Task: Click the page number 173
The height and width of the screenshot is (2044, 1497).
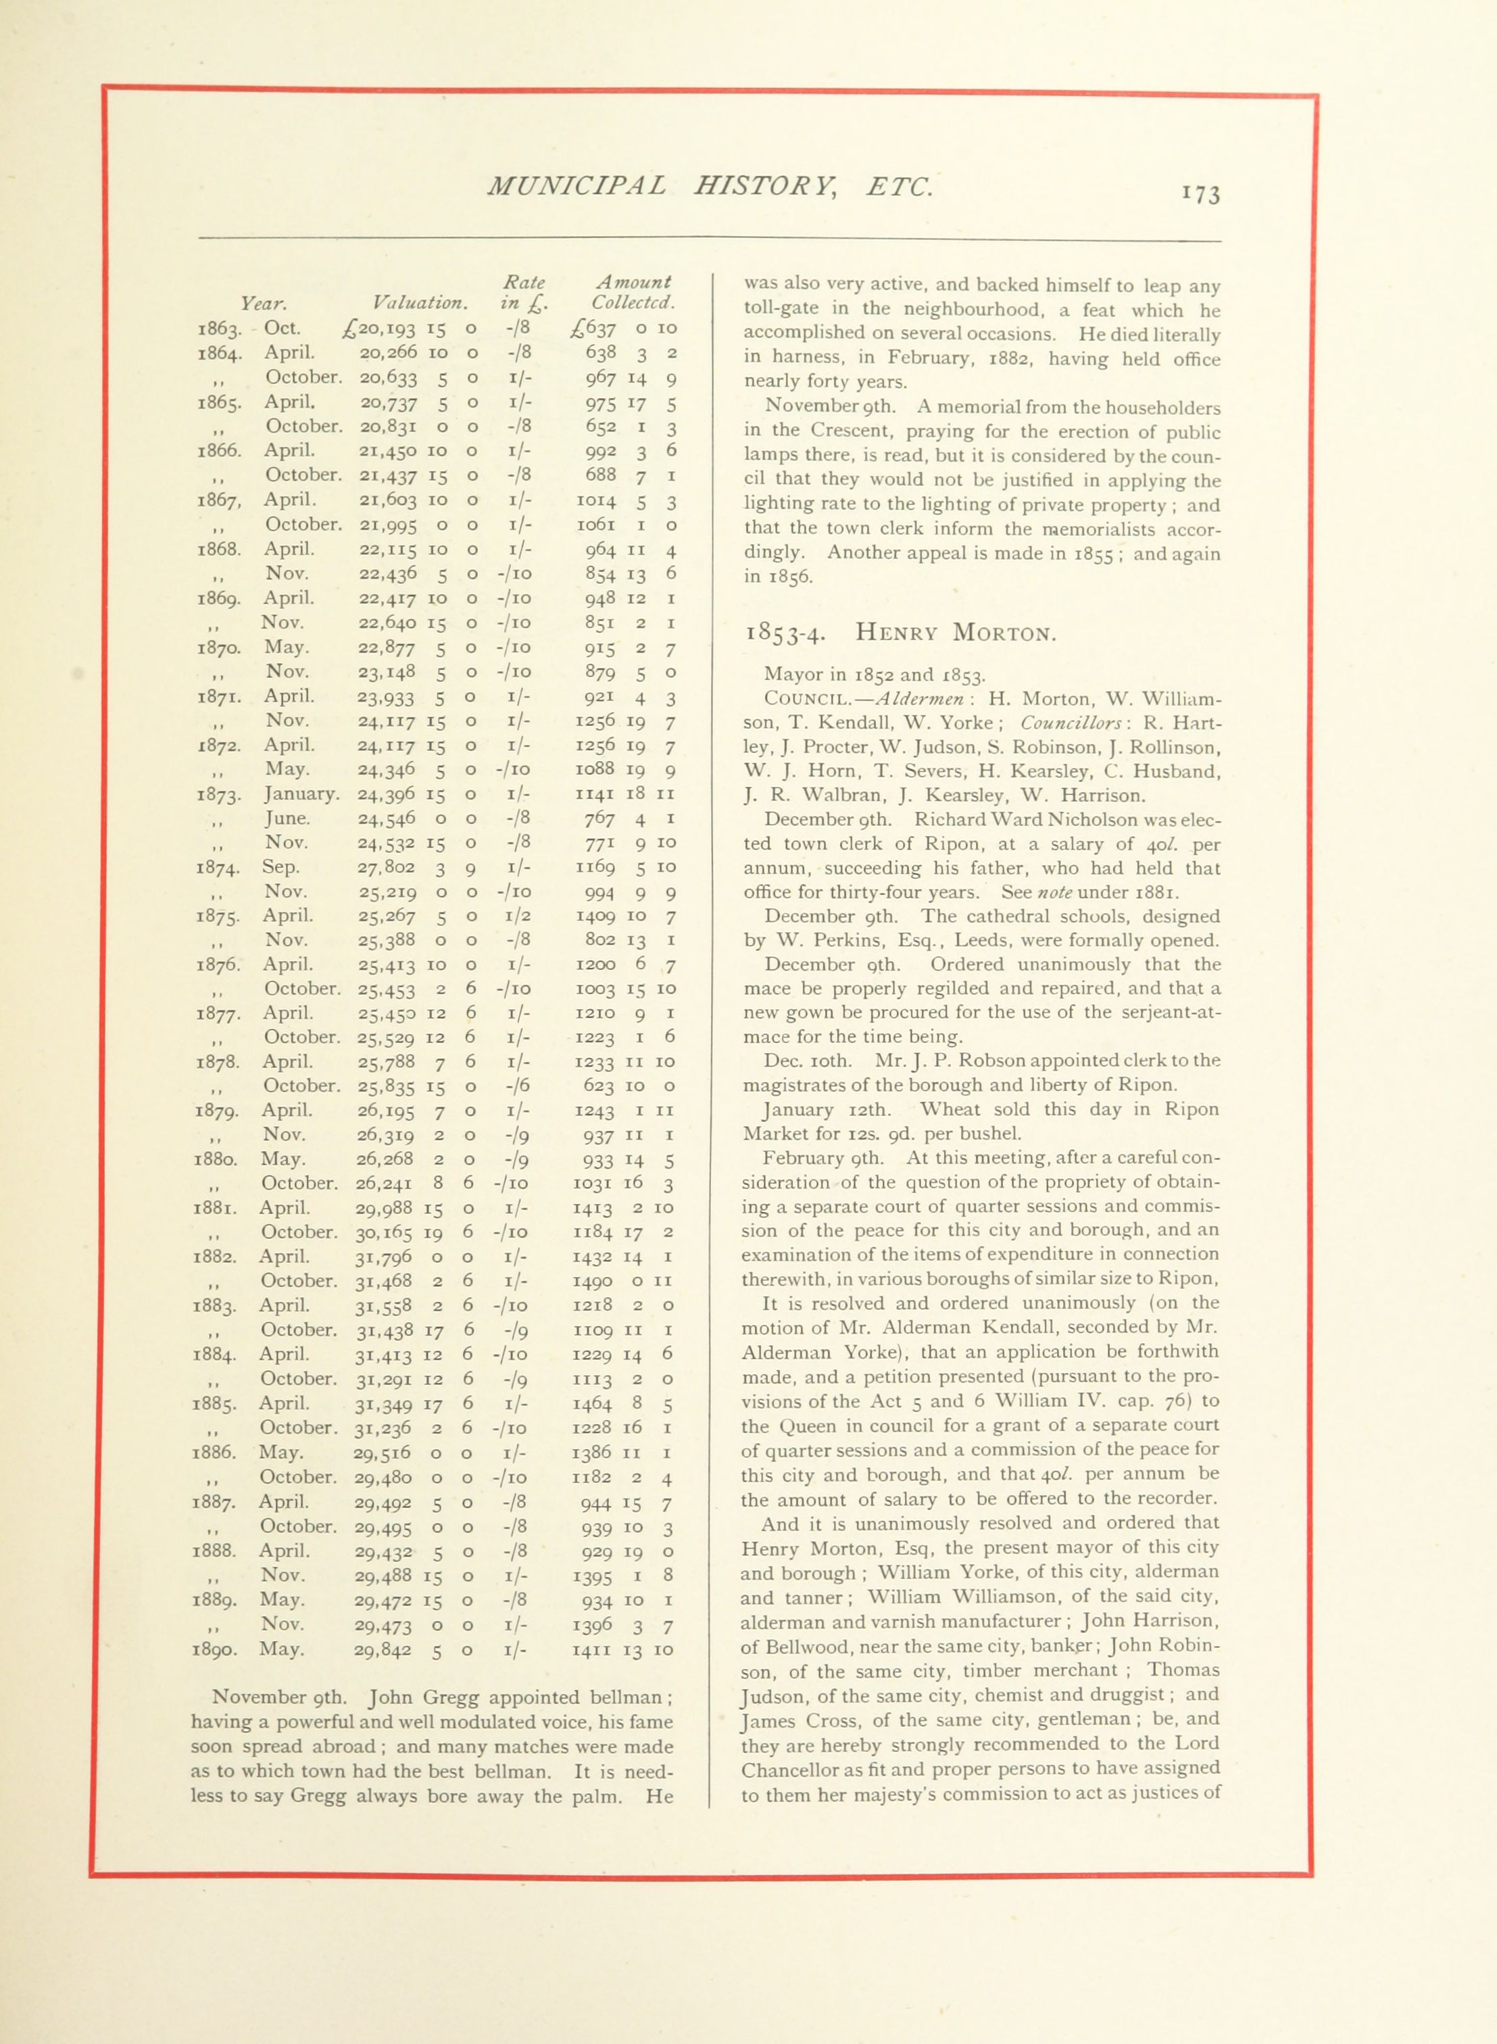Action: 1202,194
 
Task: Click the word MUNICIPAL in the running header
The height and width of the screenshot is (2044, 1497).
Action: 576,186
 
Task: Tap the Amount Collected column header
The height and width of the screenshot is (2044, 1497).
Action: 633,292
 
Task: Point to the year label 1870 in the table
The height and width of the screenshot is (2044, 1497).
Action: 218,649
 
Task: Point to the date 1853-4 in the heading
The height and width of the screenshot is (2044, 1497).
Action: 784,633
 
